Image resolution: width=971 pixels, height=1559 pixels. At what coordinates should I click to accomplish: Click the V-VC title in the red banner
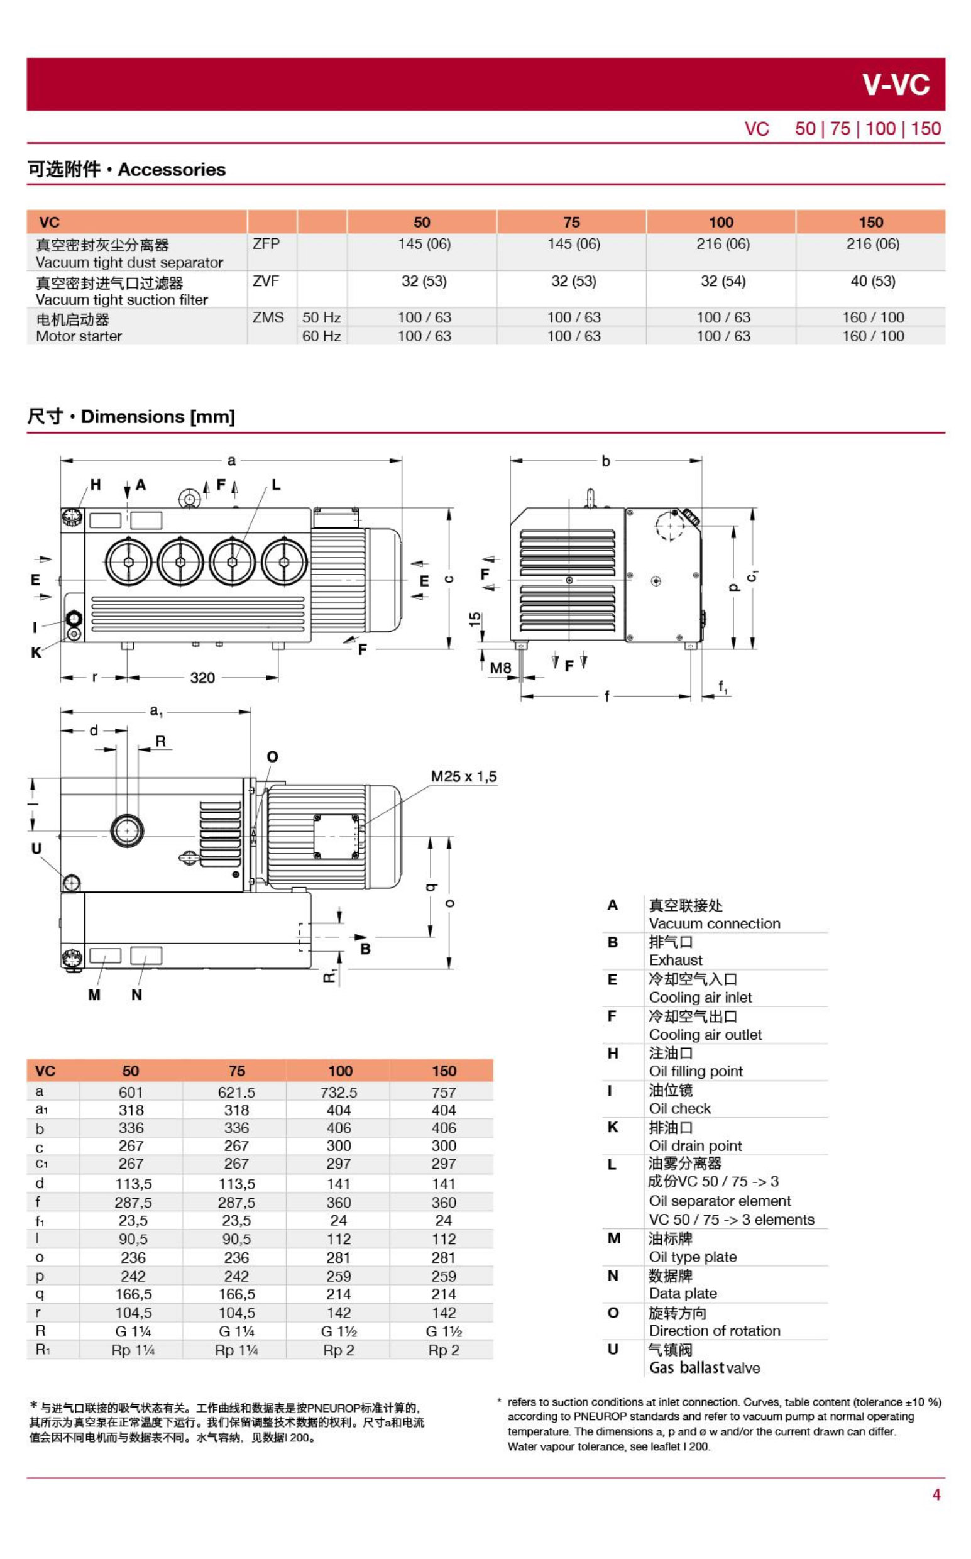(x=895, y=85)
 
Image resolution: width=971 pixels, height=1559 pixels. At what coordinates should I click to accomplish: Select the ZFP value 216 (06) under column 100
(x=723, y=244)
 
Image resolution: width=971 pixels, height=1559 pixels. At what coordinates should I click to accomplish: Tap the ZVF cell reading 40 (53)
(x=872, y=282)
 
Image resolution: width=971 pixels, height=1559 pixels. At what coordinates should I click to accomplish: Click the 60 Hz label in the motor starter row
(x=321, y=336)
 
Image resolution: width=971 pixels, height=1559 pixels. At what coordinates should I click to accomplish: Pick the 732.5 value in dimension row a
(x=339, y=1092)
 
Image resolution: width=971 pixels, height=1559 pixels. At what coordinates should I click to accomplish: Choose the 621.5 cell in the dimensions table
(x=236, y=1092)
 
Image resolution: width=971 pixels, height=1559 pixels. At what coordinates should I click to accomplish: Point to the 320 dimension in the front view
(x=202, y=678)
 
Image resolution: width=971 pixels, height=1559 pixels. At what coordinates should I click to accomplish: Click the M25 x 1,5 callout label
(x=463, y=776)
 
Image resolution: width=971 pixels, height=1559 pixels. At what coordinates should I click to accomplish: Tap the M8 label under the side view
(x=500, y=668)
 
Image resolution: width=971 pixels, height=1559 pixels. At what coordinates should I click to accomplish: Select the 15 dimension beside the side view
(x=475, y=619)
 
